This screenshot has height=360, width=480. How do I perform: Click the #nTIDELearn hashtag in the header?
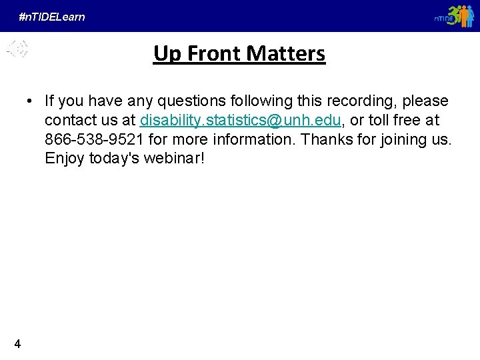tap(52, 17)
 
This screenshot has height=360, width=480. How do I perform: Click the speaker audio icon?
tap(18, 48)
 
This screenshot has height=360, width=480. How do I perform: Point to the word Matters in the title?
tap(285, 53)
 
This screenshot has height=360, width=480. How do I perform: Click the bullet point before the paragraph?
tap(30, 101)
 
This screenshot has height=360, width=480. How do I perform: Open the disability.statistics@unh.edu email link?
tap(241, 121)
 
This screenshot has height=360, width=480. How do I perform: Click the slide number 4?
tap(17, 344)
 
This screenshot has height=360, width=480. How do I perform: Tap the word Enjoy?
tap(65, 159)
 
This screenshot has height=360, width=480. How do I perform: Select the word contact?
tap(69, 121)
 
